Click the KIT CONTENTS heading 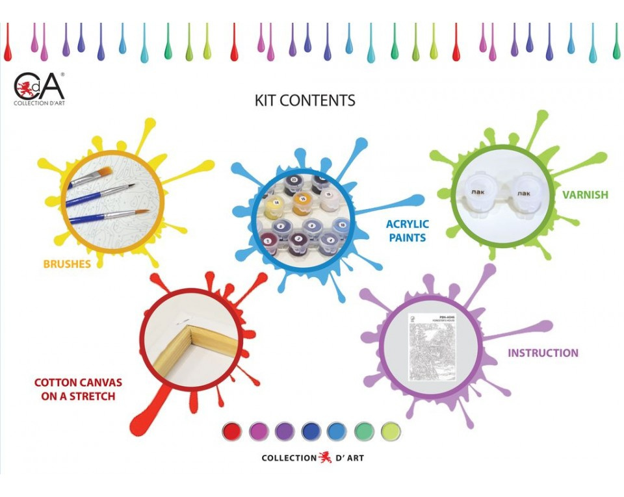(x=305, y=101)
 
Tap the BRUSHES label (x=67, y=264)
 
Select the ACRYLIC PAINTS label (x=408, y=231)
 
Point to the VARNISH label (x=585, y=194)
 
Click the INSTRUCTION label (x=543, y=353)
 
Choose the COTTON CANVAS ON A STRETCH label (x=78, y=389)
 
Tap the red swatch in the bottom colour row (x=232, y=431)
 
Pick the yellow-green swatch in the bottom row (x=391, y=431)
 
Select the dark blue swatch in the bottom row (x=311, y=431)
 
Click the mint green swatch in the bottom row (x=365, y=431)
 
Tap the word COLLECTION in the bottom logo (x=289, y=458)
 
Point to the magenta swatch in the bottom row (x=259, y=431)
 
